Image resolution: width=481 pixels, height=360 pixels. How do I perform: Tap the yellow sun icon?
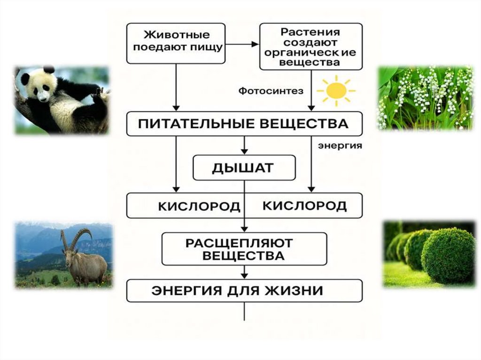coord(335,91)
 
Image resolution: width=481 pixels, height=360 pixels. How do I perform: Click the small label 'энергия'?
coord(340,146)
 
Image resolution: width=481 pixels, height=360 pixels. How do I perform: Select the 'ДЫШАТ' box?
coord(244,168)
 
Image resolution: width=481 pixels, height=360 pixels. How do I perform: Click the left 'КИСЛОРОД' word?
coord(199,206)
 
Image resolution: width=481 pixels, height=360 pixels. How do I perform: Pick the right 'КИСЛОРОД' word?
coord(304,206)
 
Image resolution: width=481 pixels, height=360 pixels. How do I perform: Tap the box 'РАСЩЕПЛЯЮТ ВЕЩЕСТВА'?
coord(244,249)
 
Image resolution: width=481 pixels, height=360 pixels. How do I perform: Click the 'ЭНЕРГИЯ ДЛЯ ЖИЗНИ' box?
coord(244,290)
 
